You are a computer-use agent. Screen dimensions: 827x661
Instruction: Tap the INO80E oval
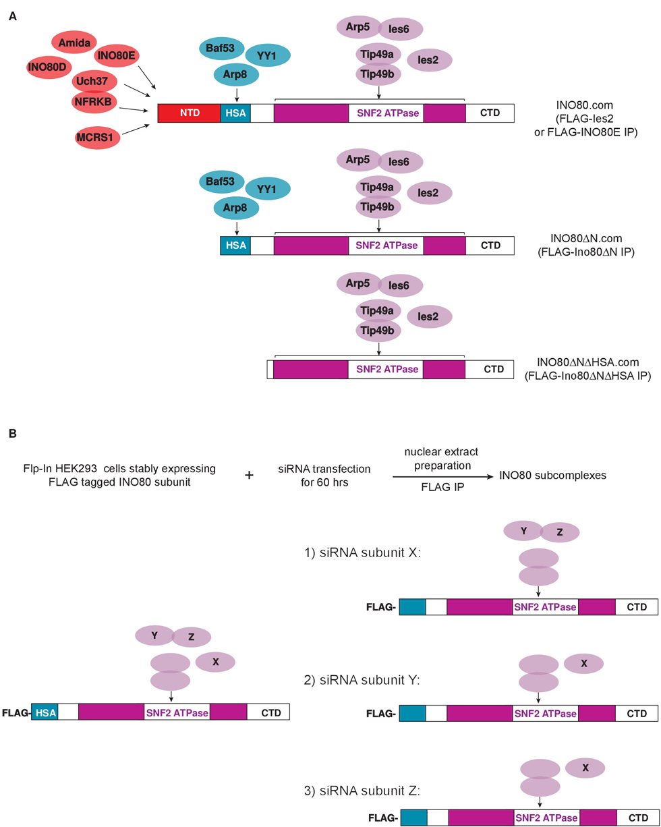(118, 57)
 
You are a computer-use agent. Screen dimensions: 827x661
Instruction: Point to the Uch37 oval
(94, 82)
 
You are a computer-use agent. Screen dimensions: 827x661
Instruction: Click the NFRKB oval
(94, 103)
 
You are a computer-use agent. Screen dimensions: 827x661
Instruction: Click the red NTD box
(189, 113)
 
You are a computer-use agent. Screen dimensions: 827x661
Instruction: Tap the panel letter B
(13, 436)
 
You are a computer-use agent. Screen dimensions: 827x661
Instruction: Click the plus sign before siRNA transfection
(249, 475)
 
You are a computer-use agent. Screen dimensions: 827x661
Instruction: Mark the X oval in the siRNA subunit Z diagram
(585, 768)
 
